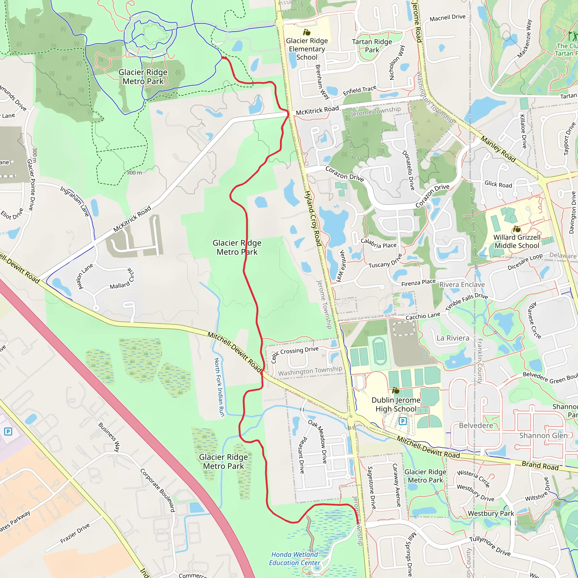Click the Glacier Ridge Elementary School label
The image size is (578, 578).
click(x=307, y=49)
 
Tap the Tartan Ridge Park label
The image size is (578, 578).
click(x=372, y=46)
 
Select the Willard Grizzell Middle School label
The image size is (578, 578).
click(x=517, y=241)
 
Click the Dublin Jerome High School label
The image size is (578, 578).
click(x=396, y=404)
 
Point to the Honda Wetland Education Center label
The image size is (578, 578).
click(x=294, y=559)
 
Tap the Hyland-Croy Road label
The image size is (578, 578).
click(x=313, y=219)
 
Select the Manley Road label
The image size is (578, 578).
click(x=498, y=149)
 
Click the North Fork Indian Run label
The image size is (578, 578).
click(x=219, y=387)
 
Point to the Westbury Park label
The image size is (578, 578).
click(x=491, y=513)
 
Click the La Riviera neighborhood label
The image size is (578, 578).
click(x=453, y=338)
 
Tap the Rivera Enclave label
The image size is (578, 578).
click(x=462, y=284)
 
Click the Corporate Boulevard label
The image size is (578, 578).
click(x=157, y=490)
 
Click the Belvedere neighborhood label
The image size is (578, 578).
click(x=476, y=425)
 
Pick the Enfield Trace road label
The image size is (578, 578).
click(x=359, y=90)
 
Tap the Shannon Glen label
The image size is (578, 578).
click(x=543, y=435)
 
